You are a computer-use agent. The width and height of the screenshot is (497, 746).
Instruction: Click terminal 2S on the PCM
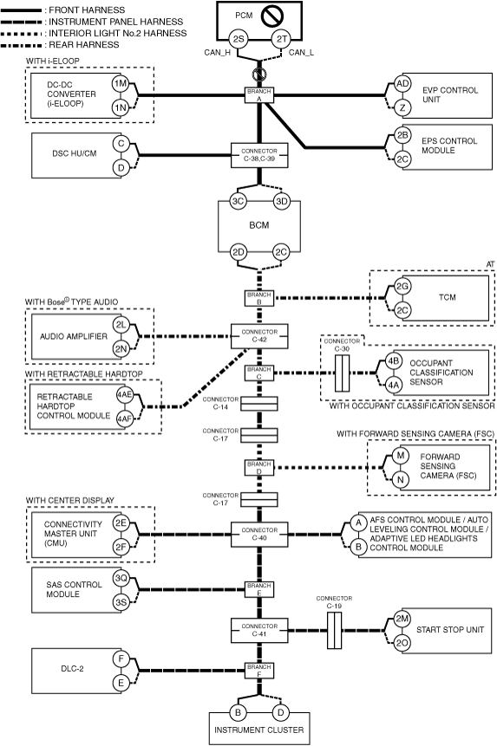click(238, 39)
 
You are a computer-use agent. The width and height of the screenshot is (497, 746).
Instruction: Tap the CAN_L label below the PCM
click(301, 52)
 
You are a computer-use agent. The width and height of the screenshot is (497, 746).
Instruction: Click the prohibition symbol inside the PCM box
click(272, 16)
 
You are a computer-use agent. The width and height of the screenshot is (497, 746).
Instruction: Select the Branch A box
click(259, 95)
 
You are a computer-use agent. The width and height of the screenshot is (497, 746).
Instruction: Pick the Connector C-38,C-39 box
click(259, 155)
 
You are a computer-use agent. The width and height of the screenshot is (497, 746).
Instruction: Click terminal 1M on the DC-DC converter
click(121, 84)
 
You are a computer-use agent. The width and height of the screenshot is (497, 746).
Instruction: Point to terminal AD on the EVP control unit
click(402, 84)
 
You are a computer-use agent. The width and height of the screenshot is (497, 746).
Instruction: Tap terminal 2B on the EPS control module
click(402, 135)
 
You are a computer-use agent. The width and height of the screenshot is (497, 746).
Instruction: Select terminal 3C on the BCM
click(238, 201)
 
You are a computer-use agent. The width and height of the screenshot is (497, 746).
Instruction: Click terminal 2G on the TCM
click(402, 287)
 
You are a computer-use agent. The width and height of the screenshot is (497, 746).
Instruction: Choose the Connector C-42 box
click(259, 336)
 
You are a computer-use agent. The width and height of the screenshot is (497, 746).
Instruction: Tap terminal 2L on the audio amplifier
click(121, 325)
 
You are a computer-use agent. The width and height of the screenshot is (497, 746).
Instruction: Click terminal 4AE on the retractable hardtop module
click(125, 394)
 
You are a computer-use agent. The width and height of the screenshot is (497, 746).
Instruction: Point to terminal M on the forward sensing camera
click(401, 456)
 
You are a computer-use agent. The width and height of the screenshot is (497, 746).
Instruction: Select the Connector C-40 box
click(259, 535)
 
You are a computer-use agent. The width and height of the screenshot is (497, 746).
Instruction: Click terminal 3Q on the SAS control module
click(121, 579)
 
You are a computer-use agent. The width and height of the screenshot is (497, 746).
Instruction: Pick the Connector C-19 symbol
click(335, 631)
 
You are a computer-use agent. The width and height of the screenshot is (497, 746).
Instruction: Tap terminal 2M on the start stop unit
click(402, 619)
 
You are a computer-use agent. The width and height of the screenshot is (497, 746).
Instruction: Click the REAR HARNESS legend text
click(84, 45)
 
